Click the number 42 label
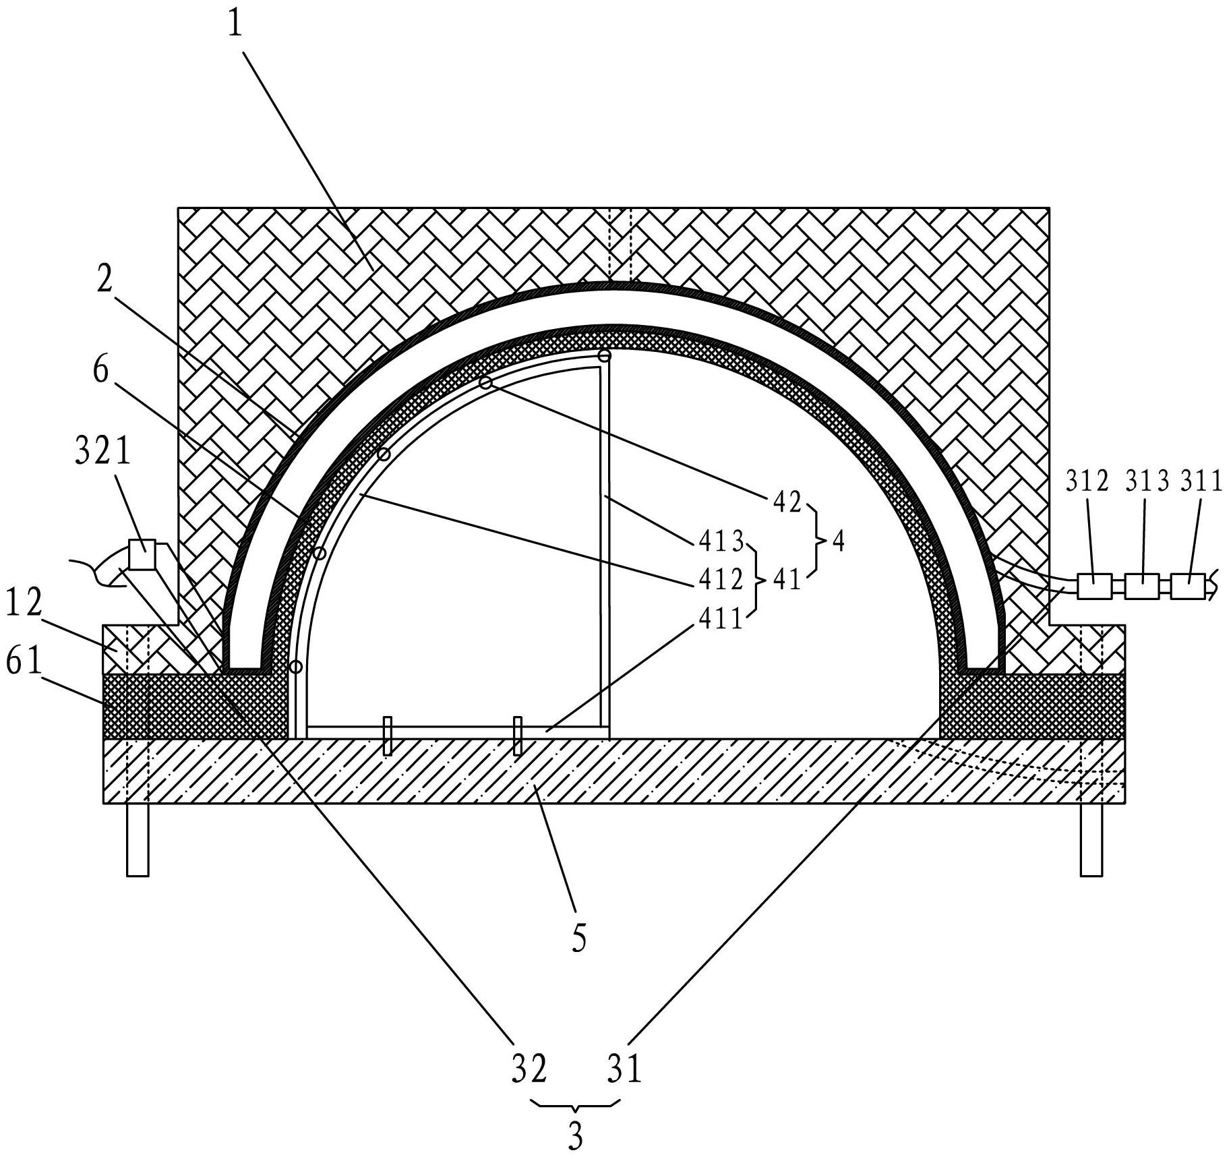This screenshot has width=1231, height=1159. point(786,502)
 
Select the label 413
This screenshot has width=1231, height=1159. point(718,541)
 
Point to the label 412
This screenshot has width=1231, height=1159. point(718,579)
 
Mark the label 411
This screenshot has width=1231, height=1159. point(718,618)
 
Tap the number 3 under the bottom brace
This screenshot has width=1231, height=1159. point(574,1137)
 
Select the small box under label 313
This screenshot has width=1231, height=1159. point(1142,587)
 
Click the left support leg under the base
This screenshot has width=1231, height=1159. point(138,840)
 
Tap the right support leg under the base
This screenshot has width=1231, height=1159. point(1091,840)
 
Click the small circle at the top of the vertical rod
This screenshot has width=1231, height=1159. point(605,355)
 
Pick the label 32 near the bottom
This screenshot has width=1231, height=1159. point(529,1069)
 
